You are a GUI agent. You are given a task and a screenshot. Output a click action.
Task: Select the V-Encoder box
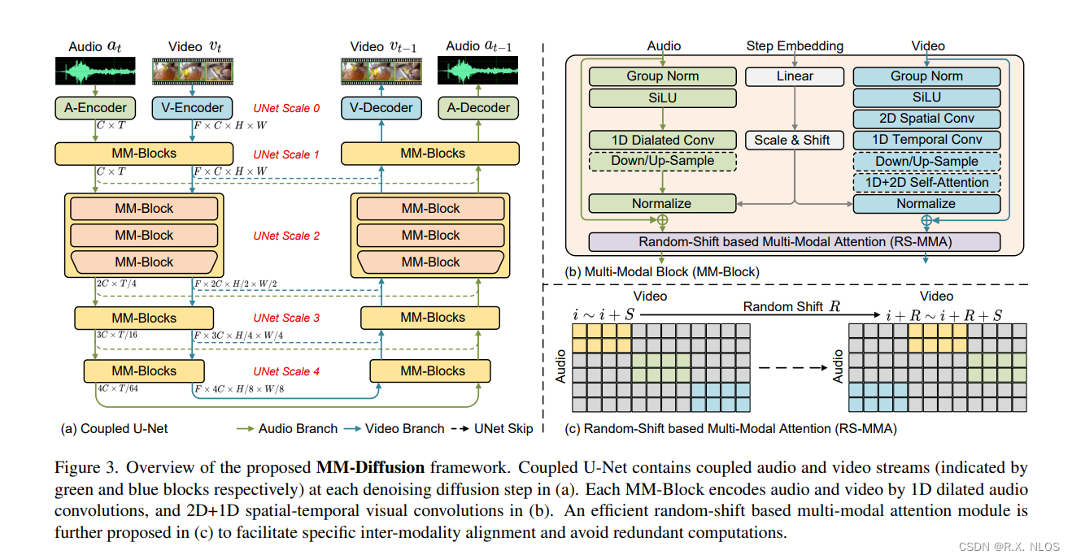coord(193,107)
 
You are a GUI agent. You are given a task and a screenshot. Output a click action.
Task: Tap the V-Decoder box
coord(381,107)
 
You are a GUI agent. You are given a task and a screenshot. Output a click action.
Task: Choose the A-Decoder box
coord(478,107)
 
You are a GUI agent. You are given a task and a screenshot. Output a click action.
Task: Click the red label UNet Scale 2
coord(285,236)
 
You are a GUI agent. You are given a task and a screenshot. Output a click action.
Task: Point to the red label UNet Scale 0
coord(285,108)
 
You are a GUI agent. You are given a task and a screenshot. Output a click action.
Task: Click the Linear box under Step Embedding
coord(795,76)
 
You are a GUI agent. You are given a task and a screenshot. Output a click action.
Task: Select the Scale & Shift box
coord(791,140)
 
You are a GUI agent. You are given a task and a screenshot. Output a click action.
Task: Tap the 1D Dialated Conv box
coord(662,140)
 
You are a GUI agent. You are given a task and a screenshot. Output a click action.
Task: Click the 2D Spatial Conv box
coord(926,119)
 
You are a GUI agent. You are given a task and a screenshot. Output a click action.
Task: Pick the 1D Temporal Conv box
coord(926,140)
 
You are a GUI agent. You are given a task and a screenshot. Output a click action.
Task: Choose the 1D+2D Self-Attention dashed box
coord(926,182)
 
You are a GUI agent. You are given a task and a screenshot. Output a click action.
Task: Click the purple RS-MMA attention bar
coord(794,241)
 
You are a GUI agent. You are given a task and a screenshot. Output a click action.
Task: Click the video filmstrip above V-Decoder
coord(381,71)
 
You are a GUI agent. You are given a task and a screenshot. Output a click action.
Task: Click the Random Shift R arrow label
coord(780,306)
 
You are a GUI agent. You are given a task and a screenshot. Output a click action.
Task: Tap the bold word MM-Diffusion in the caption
coord(370,467)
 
